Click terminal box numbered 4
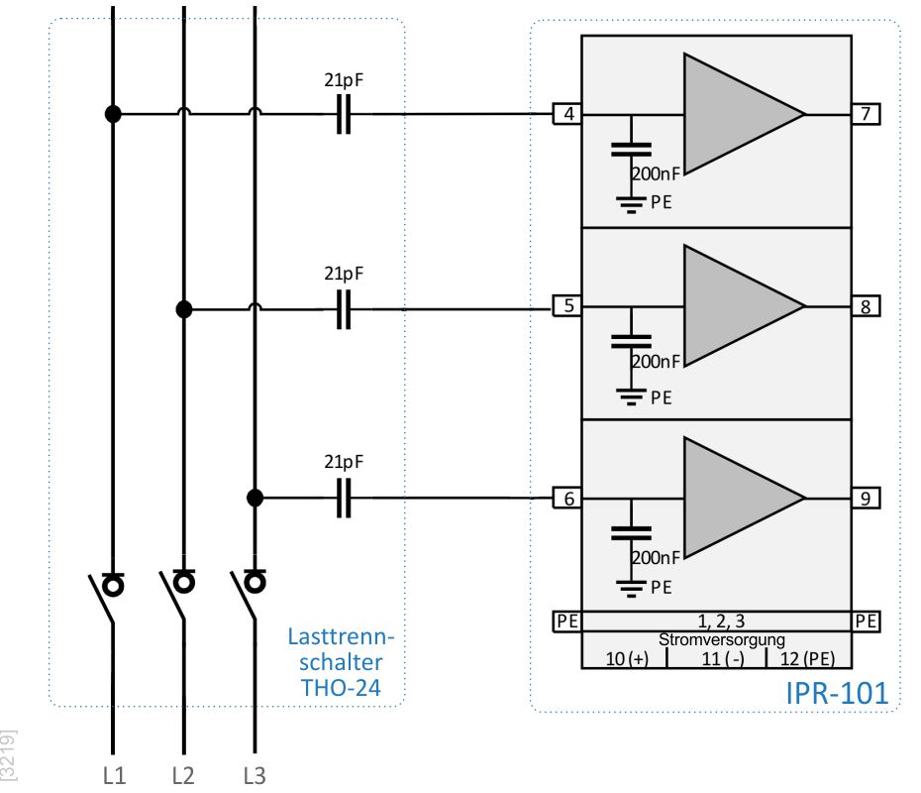567,113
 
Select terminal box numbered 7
866,113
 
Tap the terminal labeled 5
567,305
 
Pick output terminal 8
866,306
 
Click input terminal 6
567,498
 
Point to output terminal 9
866,498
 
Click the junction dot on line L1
113,114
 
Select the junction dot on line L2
184,309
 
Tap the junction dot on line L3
255,498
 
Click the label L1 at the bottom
114,776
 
